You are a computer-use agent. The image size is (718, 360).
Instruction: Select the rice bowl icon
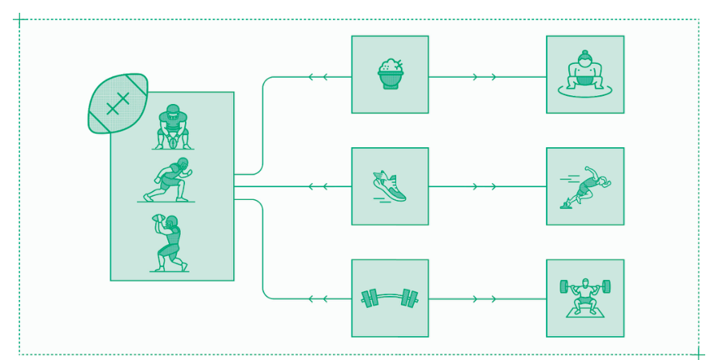pyautogui.click(x=390, y=74)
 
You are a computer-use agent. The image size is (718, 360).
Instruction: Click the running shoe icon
pyautogui.click(x=390, y=186)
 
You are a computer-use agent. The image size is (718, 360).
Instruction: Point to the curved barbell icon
pyautogui.click(x=390, y=298)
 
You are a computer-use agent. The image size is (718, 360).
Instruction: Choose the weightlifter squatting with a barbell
pyautogui.click(x=586, y=294)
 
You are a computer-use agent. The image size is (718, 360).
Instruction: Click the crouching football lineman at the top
pyautogui.click(x=172, y=127)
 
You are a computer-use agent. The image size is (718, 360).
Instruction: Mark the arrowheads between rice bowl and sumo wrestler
pyautogui.click(x=484, y=77)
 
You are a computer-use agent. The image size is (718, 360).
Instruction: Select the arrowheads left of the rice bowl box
pyautogui.click(x=318, y=77)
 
